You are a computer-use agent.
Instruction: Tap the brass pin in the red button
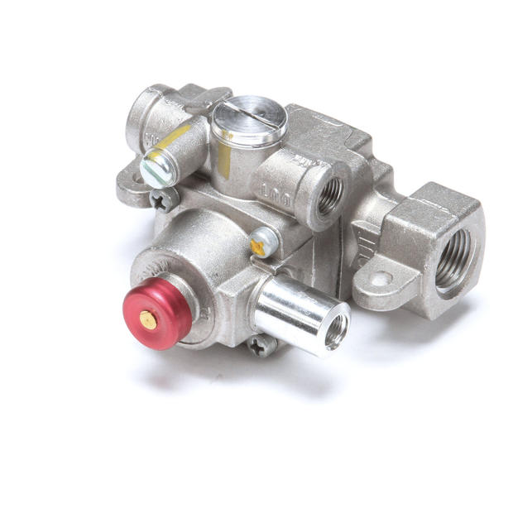pos(146,317)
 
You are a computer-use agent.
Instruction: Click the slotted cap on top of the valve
pos(249,122)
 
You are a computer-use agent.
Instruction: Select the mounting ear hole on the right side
pos(380,279)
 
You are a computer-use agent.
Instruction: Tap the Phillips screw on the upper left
pos(162,198)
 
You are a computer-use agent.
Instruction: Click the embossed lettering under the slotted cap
pos(272,191)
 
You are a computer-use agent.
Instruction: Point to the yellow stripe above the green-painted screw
pos(175,136)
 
